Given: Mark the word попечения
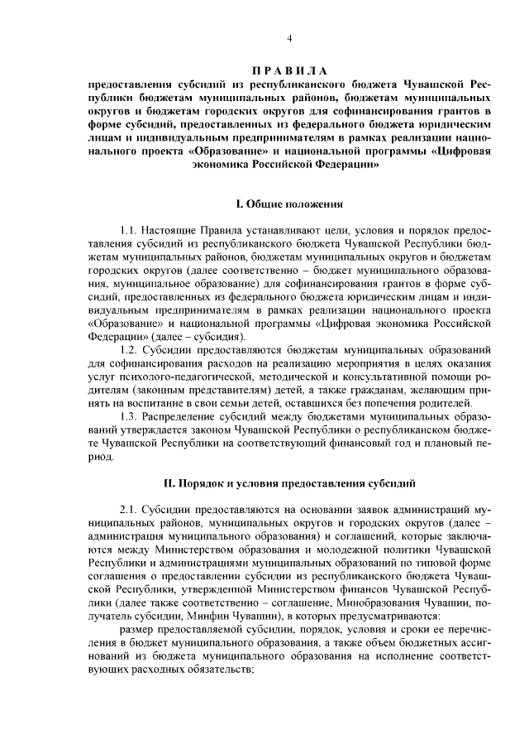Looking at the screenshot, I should coord(393,404).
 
